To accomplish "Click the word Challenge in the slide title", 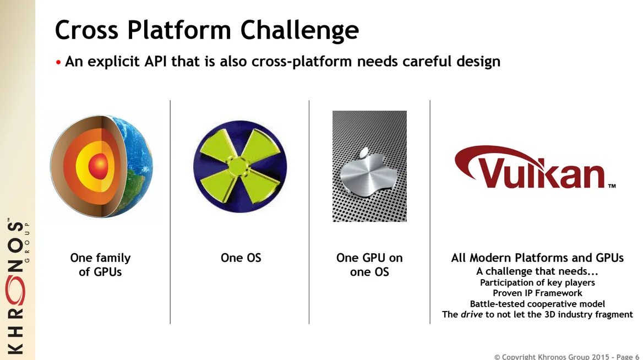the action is coord(299,30).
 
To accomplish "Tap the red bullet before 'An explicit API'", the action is coord(58,62).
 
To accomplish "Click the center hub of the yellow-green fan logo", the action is coord(238,166).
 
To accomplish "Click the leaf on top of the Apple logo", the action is coord(364,154).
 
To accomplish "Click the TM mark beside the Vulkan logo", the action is coord(612,186).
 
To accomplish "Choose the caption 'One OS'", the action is coord(241,258).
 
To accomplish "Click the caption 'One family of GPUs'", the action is coord(100,264).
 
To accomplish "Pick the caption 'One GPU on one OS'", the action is coord(369,264).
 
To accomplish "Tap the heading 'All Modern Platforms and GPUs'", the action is coord(537,258).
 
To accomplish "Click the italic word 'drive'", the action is coord(472,314).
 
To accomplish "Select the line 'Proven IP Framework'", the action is coord(537,293).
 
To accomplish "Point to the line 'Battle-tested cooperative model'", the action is coord(537,304).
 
